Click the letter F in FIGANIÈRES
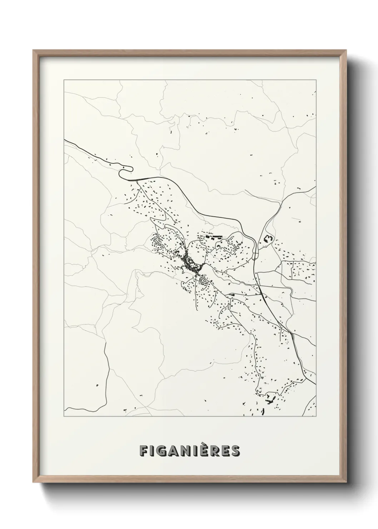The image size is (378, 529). pyautogui.click(x=144, y=450)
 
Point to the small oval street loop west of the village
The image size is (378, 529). pyautogui.click(x=157, y=242)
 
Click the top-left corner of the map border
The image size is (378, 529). pyautogui.click(x=64, y=80)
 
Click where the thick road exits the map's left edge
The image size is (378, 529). pyautogui.click(x=65, y=140)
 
